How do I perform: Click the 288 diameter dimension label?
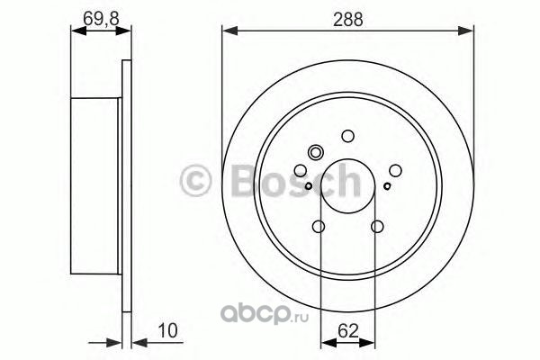pyautogui.click(x=347, y=19)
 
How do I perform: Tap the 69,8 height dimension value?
pyautogui.click(x=101, y=19)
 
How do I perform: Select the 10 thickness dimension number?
pyautogui.click(x=167, y=330)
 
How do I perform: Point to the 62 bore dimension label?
pyautogui.click(x=348, y=331)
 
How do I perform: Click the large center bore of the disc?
pyautogui.click(x=347, y=186)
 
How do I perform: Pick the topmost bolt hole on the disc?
pyautogui.click(x=348, y=136)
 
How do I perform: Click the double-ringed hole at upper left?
pyautogui.click(x=315, y=152)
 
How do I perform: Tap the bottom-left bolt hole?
pyautogui.click(x=319, y=226)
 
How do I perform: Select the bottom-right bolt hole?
pyautogui.click(x=377, y=226)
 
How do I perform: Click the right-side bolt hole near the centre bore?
pyautogui.click(x=395, y=170)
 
